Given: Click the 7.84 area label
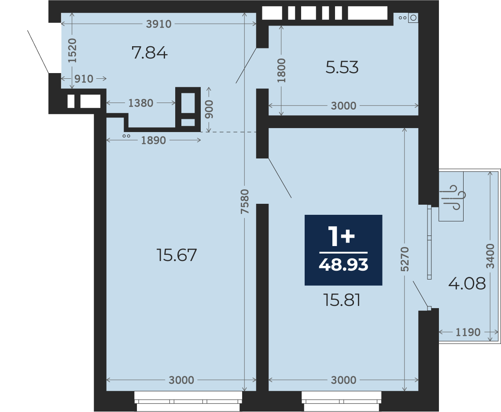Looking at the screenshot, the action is click(150, 53).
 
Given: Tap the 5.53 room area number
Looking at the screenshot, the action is click(342, 67).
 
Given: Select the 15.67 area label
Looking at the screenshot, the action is click(177, 255).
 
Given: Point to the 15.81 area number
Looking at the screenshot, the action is click(342, 300).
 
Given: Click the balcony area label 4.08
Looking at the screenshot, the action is click(467, 283).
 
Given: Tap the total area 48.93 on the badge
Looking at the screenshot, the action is click(343, 265).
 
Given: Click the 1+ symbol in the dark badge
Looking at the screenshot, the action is click(342, 236).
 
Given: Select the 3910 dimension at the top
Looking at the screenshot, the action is click(158, 24).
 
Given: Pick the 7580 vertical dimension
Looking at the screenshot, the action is click(244, 202).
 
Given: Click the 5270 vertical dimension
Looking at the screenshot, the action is click(405, 259).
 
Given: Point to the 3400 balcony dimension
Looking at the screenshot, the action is click(490, 256).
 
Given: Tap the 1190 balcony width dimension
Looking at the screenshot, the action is click(468, 332).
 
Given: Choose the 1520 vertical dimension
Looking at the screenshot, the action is click(72, 51).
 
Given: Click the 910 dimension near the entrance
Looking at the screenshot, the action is click(84, 78).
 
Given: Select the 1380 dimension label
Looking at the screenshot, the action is click(140, 103).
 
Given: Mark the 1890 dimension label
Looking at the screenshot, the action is click(153, 140).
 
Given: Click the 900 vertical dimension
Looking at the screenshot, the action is click(209, 109).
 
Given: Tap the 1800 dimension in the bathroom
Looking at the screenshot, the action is click(281, 70).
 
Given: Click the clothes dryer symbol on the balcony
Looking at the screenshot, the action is click(453, 197).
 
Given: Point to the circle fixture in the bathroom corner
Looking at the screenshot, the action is click(413, 18).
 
